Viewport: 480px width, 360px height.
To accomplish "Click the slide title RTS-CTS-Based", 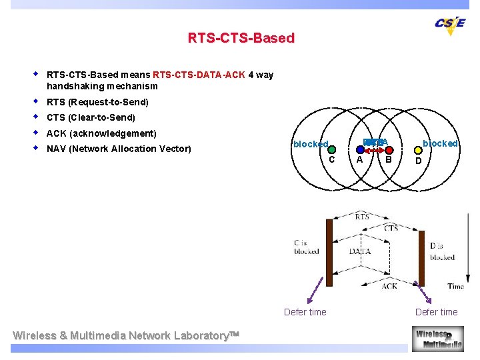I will tap(241, 38).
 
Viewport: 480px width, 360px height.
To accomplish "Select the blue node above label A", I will tap(360, 150).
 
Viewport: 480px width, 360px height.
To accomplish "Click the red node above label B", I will tap(389, 150).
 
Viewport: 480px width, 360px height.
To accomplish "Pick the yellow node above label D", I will tap(418, 150).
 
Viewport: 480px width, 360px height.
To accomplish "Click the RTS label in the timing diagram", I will tap(362, 217).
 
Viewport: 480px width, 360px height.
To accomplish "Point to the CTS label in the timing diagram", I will tap(391, 229).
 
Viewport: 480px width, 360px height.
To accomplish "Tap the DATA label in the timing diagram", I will tap(360, 251).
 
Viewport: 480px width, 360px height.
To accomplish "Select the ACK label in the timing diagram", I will tap(389, 286).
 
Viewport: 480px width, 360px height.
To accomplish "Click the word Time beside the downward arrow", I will tap(456, 286).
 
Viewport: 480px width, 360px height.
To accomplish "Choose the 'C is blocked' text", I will tap(306, 247).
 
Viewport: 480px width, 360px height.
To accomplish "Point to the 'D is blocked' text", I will tap(442, 251).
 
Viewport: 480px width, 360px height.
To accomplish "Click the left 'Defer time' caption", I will tap(305, 312).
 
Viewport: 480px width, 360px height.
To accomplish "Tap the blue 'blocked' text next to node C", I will tap(310, 144).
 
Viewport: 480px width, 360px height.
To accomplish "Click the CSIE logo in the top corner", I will tap(449, 25).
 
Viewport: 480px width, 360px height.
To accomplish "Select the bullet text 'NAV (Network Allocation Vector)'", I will tap(119, 149).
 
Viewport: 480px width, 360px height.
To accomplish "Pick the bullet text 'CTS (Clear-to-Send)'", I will tap(91, 117).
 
